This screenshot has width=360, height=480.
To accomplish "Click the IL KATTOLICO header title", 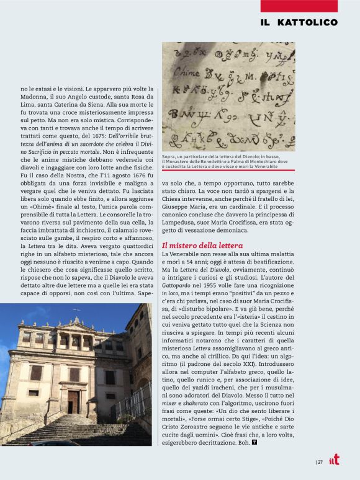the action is tap(299, 22).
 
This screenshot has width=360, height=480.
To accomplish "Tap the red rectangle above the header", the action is tap(299, 6).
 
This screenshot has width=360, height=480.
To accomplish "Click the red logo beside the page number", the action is tap(335, 460).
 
